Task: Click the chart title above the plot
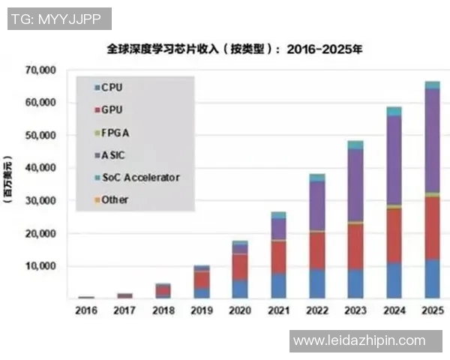[x=226, y=50]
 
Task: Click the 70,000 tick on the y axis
[x=40, y=70]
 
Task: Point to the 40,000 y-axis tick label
[x=40, y=169]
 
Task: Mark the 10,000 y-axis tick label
[x=40, y=266]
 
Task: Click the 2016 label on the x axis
[x=86, y=310]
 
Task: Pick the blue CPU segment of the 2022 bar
[x=316, y=283]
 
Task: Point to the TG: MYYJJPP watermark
[x=60, y=19]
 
